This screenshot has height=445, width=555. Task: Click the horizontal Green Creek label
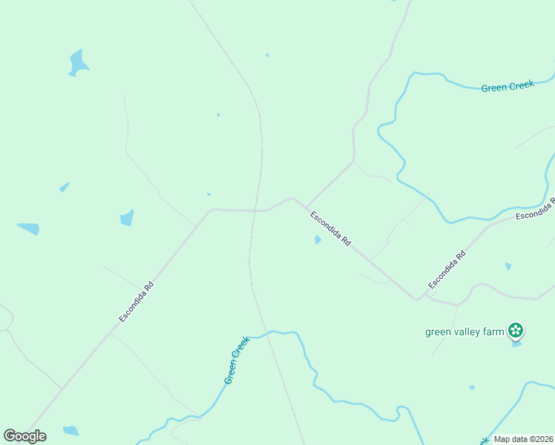[x=508, y=87]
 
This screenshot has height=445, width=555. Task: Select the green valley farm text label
[x=464, y=332]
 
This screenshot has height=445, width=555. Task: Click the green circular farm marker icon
[x=516, y=331]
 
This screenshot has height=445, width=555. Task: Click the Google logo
[x=24, y=436]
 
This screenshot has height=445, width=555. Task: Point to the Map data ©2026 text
[x=522, y=439]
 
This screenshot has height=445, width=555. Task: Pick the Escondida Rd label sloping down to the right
[x=330, y=228]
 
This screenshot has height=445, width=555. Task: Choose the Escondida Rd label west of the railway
[x=136, y=300]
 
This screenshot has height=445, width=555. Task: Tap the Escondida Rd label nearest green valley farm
[x=447, y=269]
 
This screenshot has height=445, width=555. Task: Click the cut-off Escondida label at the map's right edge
[x=535, y=210]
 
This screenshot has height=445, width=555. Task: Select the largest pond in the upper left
[x=77, y=62]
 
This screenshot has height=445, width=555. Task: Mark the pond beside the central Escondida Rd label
[x=318, y=240]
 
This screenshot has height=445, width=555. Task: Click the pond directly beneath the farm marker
[x=516, y=344]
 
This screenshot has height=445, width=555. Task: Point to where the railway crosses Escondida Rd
[x=257, y=211]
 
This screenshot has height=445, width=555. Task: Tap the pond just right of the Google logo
[x=70, y=430]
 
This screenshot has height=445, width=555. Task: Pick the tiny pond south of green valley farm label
[x=472, y=387]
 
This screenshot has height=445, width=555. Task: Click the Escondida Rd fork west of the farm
[x=418, y=298]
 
